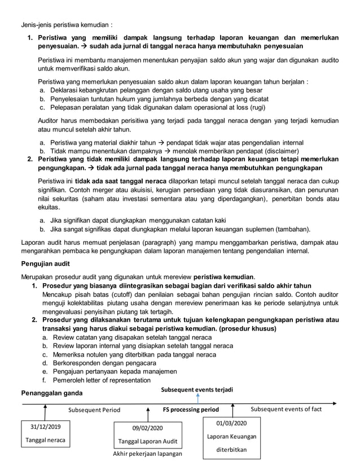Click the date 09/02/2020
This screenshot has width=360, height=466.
pos(146,428)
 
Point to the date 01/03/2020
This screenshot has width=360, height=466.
pos(231,423)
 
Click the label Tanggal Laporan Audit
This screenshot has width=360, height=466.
pos(146,441)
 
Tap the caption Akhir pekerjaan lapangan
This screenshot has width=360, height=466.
pos(146,454)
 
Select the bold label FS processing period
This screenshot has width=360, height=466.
pos(191,410)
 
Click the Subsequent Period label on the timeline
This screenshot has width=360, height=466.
pos(94,410)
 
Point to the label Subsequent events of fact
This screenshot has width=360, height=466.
pos(286,409)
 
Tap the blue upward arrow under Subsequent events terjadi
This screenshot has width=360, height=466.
pos(197,399)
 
